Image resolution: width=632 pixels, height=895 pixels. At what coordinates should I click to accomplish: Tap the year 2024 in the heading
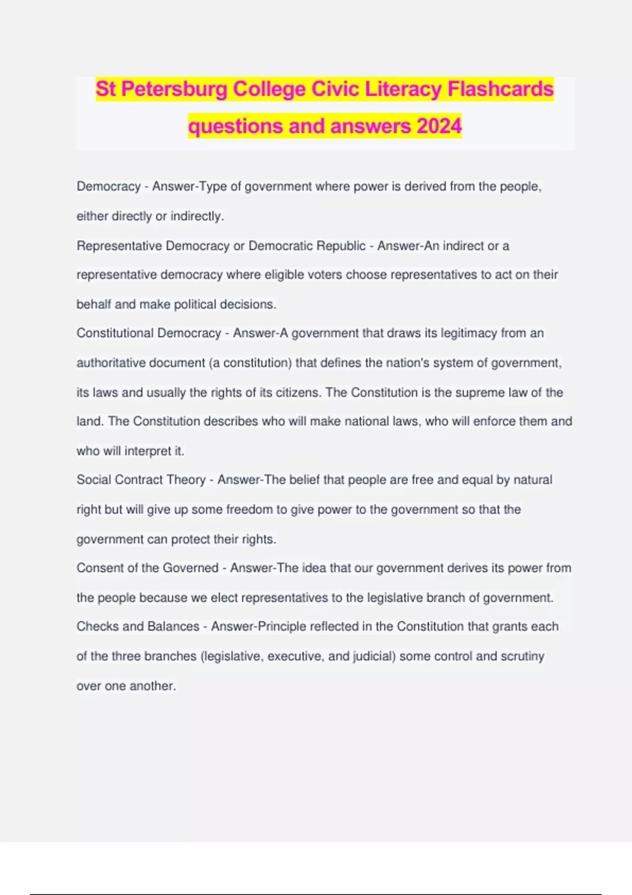click(x=439, y=126)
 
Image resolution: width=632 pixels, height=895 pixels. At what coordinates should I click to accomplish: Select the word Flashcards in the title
click(x=500, y=89)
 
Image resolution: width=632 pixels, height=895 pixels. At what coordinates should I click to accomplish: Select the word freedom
click(x=249, y=510)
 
